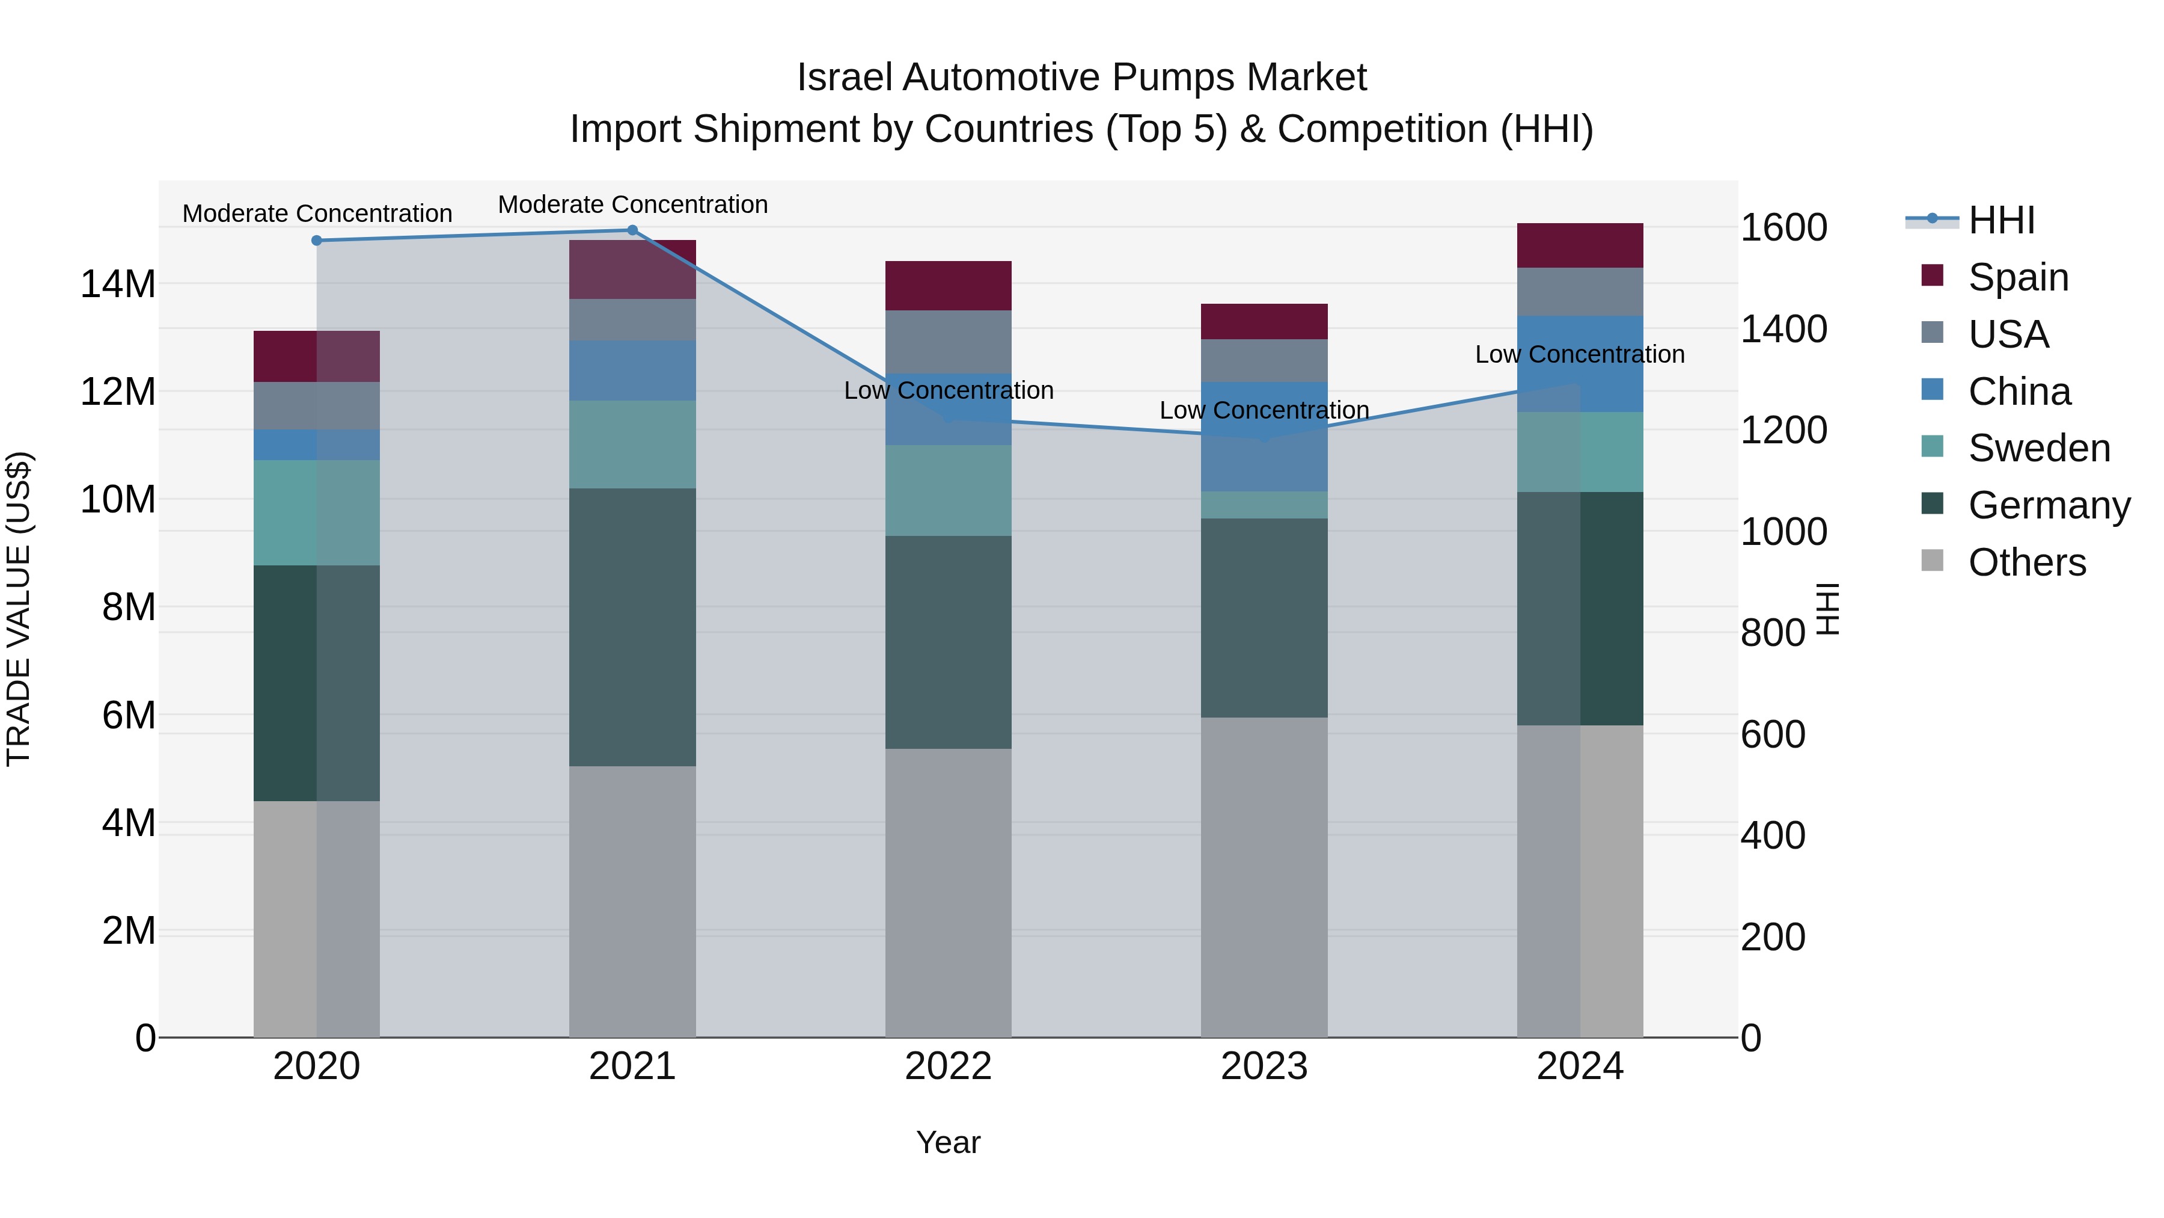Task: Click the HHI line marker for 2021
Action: point(632,230)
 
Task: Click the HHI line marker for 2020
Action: point(317,241)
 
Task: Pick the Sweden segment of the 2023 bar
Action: point(1264,505)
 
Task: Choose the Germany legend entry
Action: point(2048,505)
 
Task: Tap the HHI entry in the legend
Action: point(2001,220)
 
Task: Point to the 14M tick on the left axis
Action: point(118,284)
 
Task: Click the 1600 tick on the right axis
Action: point(1783,228)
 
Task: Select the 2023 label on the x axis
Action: point(1264,1066)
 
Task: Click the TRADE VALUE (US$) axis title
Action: point(19,609)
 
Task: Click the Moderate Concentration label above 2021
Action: point(632,205)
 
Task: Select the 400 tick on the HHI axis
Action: point(1773,835)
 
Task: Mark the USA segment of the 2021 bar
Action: point(632,319)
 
